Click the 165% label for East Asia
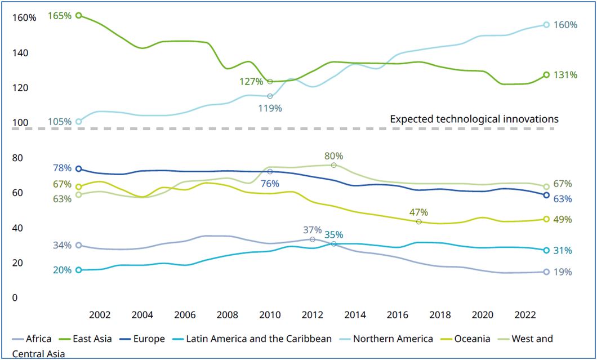(x=60, y=16)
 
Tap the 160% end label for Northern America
(x=565, y=25)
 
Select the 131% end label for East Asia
(x=565, y=75)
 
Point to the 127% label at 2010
(x=251, y=81)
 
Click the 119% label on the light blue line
(x=270, y=108)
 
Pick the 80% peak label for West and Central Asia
(x=333, y=156)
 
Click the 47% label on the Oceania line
(x=418, y=212)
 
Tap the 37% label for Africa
(x=312, y=230)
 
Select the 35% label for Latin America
(x=333, y=235)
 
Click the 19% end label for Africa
(x=563, y=272)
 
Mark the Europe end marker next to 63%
(x=546, y=195)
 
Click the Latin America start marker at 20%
(x=78, y=270)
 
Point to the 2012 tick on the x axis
(x=312, y=314)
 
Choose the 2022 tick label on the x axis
(x=525, y=314)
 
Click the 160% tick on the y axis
(x=24, y=17)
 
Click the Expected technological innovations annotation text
(x=474, y=119)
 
